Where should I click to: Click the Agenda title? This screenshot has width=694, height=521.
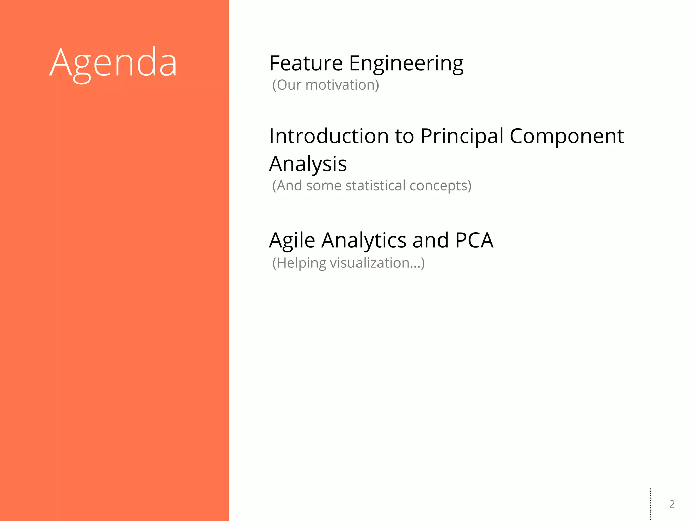[113, 63]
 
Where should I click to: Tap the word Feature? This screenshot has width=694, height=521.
[306, 63]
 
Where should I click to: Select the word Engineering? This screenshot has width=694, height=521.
[406, 63]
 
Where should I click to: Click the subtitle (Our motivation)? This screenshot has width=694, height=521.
[326, 85]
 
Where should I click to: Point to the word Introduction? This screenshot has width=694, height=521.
[329, 136]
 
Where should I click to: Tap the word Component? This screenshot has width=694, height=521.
[567, 136]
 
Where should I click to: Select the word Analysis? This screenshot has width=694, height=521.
[308, 164]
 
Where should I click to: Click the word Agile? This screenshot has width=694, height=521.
[292, 241]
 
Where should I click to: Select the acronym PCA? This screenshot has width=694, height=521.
[474, 240]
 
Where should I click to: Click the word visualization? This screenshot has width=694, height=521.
[376, 263]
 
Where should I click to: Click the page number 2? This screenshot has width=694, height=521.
[672, 504]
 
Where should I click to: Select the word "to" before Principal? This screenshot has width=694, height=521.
[405, 136]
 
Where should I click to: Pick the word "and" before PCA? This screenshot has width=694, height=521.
[431, 240]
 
